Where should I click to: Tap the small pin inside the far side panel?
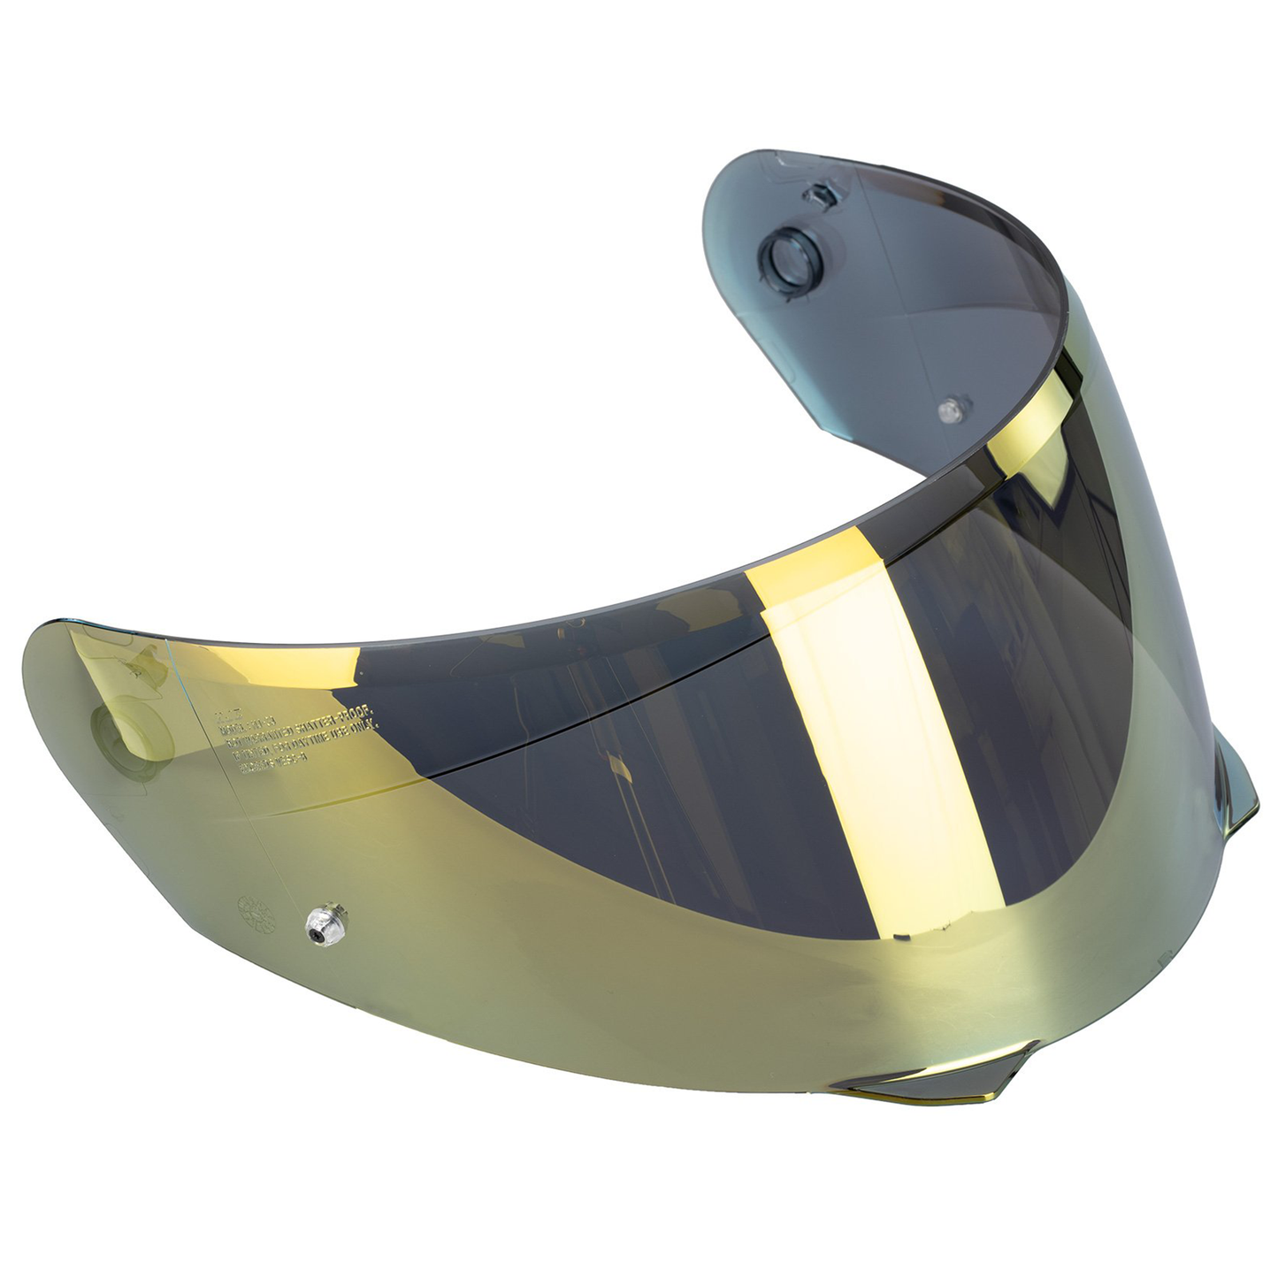(950, 409)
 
